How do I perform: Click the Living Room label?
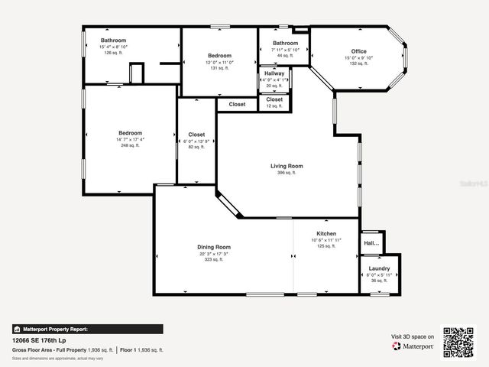(x=287, y=166)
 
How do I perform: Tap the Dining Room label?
(x=214, y=247)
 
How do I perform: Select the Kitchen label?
(x=326, y=233)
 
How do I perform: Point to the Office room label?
(x=359, y=50)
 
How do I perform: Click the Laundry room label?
(x=379, y=268)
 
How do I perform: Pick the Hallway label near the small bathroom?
(x=274, y=73)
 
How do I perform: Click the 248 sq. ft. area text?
(x=130, y=145)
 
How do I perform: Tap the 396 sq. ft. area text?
(x=287, y=173)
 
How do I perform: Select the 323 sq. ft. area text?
(x=214, y=260)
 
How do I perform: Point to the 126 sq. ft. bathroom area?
(x=113, y=53)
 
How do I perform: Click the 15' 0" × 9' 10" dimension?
(x=359, y=57)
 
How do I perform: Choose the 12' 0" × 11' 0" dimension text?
(x=219, y=62)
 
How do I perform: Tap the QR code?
(x=459, y=343)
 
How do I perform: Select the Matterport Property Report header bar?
(x=87, y=329)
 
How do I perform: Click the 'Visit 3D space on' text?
(x=413, y=336)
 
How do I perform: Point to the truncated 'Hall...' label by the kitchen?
(x=371, y=243)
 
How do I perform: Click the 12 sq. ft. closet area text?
(x=274, y=106)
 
